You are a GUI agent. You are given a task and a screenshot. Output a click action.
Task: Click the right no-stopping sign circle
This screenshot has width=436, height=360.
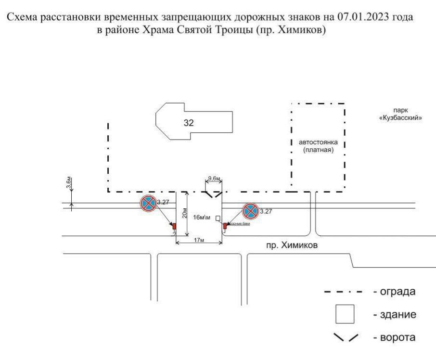(250, 210)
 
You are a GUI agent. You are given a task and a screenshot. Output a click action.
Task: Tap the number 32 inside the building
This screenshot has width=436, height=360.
(189, 123)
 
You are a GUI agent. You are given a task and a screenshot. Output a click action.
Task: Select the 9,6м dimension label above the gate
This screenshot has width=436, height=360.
(213, 180)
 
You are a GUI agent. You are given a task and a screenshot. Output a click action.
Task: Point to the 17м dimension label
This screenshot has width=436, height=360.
(198, 240)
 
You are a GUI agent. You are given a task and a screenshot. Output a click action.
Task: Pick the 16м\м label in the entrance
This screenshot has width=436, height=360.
(202, 218)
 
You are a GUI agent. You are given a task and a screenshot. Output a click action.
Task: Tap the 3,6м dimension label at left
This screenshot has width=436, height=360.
(69, 183)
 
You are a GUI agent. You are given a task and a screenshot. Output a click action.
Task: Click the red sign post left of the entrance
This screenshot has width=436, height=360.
(174, 226)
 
